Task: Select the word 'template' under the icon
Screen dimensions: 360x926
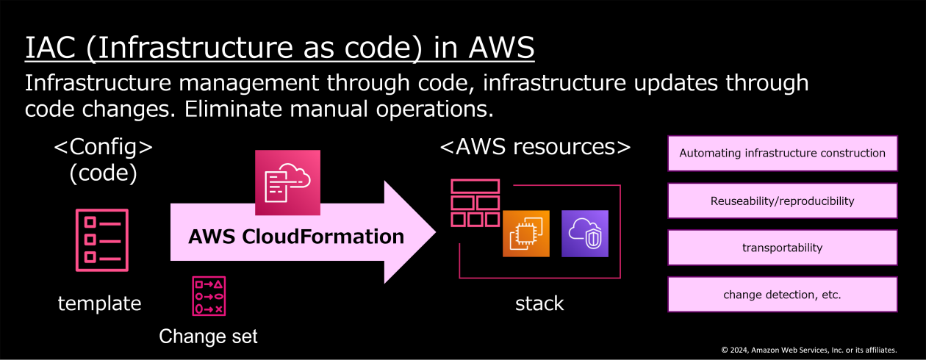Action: point(99,303)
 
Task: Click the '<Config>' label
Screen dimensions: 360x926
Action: point(104,147)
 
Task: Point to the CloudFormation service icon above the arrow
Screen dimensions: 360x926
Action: point(287,182)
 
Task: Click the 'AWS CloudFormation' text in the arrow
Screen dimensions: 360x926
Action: point(296,237)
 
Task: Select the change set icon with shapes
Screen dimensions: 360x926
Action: point(209,296)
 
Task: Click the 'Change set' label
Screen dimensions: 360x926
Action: point(209,336)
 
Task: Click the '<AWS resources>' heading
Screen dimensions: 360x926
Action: point(535,147)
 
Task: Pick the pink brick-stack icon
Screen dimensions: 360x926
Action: point(475,203)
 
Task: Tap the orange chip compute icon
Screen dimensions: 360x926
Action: point(526,234)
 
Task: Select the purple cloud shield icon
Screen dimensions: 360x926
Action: point(585,234)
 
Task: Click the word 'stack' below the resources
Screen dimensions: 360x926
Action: point(539,303)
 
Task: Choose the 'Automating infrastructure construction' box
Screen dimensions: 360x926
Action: point(782,154)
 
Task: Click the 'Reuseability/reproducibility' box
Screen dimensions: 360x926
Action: point(782,201)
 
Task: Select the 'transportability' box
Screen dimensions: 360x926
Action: point(782,248)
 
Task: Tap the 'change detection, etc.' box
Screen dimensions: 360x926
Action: point(782,295)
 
